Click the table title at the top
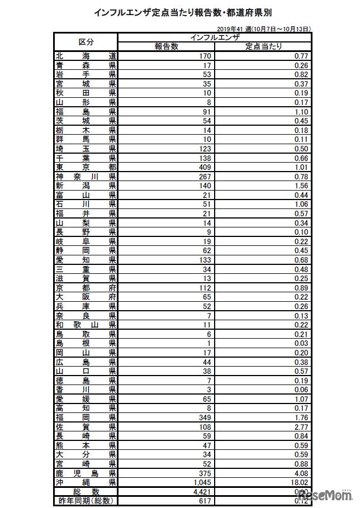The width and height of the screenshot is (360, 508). click(x=179, y=12)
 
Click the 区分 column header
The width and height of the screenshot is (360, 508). click(x=86, y=42)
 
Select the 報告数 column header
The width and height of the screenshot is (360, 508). click(x=166, y=46)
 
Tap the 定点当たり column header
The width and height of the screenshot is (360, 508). click(x=263, y=46)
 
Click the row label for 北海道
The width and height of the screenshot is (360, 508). click(x=86, y=56)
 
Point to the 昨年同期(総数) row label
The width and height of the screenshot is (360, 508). click(x=86, y=500)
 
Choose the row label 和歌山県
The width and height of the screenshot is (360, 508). click(x=86, y=324)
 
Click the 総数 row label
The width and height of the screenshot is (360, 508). click(x=86, y=491)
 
